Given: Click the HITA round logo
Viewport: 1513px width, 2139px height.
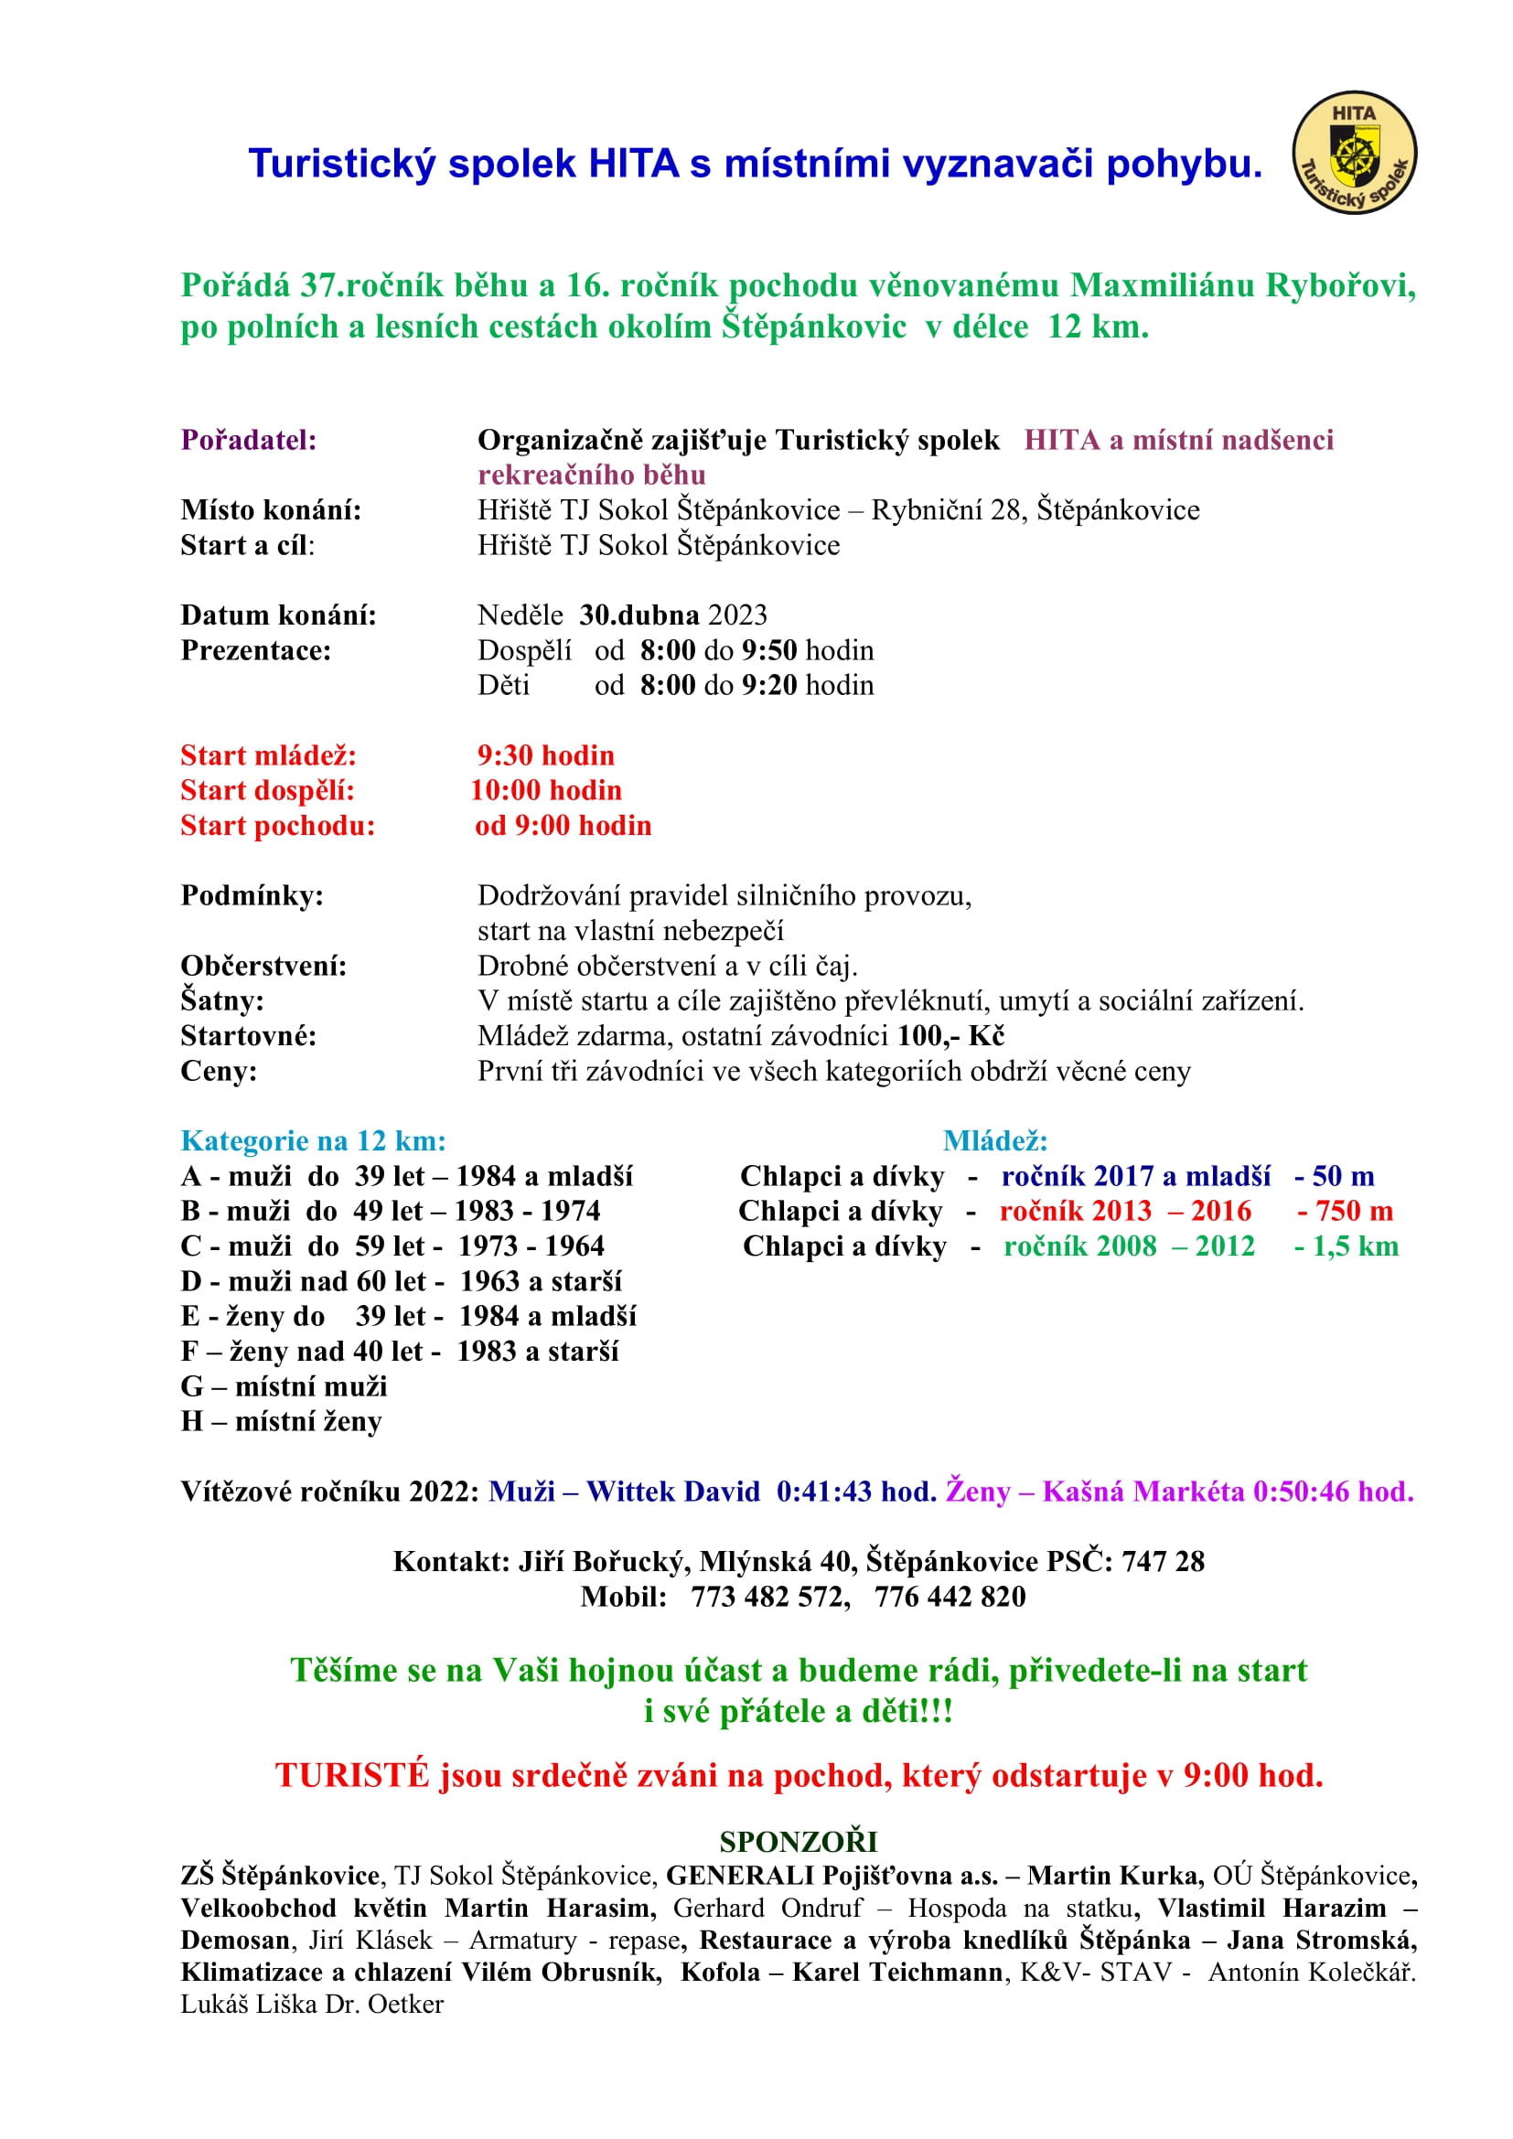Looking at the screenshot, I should point(1354,152).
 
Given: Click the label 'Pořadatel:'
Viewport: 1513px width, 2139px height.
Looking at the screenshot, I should point(249,440).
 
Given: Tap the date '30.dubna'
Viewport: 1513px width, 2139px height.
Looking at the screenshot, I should point(639,615).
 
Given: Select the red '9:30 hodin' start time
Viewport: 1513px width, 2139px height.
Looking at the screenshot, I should point(546,754).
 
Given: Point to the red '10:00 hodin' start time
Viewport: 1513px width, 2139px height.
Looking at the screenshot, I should point(546,790).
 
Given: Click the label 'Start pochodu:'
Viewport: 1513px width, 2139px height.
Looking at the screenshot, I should point(278,826).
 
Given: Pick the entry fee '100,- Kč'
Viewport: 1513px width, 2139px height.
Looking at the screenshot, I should point(950,1036).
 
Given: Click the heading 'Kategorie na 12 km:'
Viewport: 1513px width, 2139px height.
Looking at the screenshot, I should point(313,1140).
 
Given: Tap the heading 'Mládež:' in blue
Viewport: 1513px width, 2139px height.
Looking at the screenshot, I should point(995,1140).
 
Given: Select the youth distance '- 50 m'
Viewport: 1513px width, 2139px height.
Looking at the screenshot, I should point(1334,1176).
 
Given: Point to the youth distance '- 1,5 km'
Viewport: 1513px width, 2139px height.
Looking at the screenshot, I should point(1347,1246).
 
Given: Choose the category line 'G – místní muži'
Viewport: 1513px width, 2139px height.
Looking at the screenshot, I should point(284,1386).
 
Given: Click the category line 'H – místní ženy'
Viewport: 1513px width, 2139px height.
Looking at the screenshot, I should point(282,1422).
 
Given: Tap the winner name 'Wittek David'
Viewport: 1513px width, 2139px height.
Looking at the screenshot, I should point(672,1492).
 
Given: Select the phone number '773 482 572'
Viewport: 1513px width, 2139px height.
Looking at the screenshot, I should point(769,1597).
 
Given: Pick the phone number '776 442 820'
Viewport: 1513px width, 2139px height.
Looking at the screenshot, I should point(950,1597).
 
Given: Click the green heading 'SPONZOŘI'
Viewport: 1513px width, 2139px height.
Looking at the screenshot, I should point(799,1842).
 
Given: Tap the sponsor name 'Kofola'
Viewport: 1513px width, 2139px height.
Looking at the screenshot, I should point(720,1973).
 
